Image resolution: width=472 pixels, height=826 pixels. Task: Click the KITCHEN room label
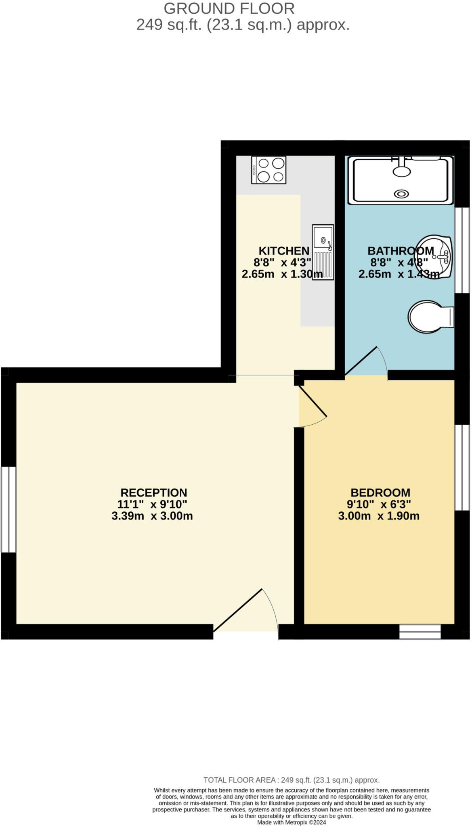[x=284, y=251]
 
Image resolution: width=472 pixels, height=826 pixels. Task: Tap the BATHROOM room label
[x=400, y=251]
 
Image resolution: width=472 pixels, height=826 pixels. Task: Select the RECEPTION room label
[x=154, y=492]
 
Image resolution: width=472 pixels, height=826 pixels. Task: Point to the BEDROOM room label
[x=380, y=492]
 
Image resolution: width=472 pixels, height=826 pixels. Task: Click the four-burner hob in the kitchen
[x=269, y=170]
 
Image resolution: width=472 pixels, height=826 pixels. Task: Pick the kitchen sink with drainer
[x=323, y=252]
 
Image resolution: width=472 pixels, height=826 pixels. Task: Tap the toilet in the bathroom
[x=430, y=316]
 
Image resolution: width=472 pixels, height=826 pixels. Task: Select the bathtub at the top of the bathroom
[x=401, y=180]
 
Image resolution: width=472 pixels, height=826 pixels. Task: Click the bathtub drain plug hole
[x=402, y=194]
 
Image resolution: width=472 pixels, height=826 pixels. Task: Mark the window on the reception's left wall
[x=8, y=509]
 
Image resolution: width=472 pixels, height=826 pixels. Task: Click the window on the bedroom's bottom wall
[x=420, y=632]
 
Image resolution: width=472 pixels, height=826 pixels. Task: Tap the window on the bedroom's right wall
[x=462, y=467]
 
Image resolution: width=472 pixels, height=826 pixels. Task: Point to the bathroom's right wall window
[x=462, y=250]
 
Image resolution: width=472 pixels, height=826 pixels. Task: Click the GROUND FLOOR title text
[x=229, y=8]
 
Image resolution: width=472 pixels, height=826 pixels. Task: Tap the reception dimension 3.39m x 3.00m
[x=152, y=516]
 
